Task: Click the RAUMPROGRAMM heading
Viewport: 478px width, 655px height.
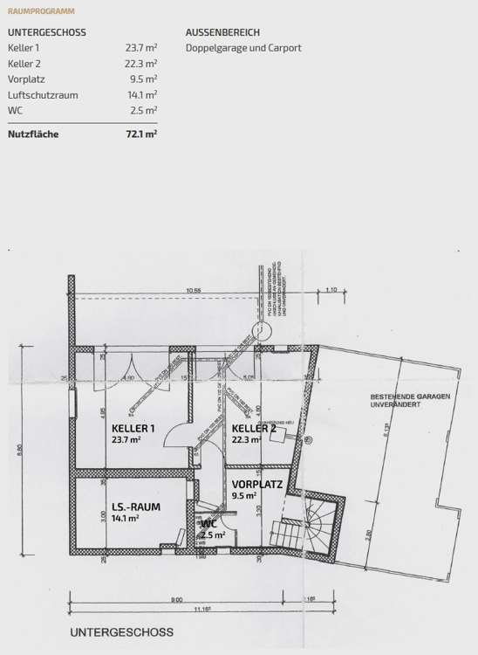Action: (x=41, y=11)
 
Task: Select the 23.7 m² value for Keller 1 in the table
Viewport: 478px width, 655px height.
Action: (x=140, y=48)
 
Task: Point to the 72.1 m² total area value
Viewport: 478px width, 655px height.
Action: (x=140, y=134)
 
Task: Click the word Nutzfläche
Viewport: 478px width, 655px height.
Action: (x=33, y=134)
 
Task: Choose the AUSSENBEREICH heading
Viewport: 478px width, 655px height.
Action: (x=222, y=32)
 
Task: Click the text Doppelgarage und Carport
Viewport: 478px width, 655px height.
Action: (x=243, y=48)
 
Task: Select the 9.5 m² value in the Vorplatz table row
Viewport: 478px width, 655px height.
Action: (x=144, y=79)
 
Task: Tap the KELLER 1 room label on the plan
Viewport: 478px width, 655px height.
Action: (x=133, y=428)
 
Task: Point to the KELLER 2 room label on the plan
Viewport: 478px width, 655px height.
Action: (x=254, y=428)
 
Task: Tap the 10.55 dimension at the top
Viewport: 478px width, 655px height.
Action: (x=192, y=290)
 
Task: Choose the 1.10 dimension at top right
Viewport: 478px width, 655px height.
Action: (x=331, y=290)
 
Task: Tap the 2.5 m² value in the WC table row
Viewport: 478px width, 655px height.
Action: (x=144, y=111)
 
